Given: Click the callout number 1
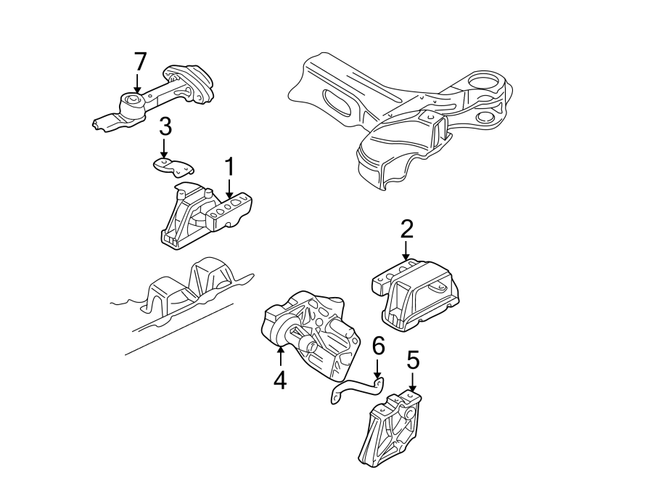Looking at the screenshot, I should click(229, 168).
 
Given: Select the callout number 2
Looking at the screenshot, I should click(406, 230).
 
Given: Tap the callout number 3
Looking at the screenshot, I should click(165, 128).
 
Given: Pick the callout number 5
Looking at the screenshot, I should click(413, 359).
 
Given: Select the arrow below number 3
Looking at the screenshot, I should click(165, 149).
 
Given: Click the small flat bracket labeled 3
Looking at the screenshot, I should click(174, 167).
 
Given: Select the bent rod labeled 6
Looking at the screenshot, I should click(356, 391).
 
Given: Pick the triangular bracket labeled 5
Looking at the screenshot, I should click(392, 428).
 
